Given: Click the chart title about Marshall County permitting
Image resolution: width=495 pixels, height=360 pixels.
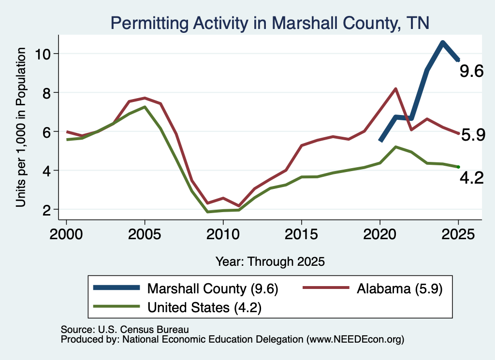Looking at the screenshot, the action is click(x=270, y=23).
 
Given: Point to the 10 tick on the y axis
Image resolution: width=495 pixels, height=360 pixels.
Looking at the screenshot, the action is click(x=43, y=54).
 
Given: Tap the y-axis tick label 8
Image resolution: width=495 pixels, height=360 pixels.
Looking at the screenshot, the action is click(x=47, y=93).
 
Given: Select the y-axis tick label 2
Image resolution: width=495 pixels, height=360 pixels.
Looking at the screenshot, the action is click(x=47, y=210).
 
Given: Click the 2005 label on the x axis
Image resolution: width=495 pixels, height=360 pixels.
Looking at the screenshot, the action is click(x=145, y=234).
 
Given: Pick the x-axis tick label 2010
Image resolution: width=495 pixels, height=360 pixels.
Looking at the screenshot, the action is click(x=223, y=234).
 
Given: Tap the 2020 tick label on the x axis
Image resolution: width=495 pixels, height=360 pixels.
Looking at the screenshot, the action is click(x=380, y=234).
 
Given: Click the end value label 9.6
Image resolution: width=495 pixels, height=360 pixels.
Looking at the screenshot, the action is click(x=471, y=71).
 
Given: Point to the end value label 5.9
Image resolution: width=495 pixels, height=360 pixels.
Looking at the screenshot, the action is click(x=473, y=135).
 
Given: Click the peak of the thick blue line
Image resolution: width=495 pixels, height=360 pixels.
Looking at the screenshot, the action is click(x=443, y=43).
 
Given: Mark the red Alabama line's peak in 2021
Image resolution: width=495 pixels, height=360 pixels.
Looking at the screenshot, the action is click(x=395, y=88).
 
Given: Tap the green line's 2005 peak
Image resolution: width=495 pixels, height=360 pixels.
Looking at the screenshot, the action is click(x=145, y=107).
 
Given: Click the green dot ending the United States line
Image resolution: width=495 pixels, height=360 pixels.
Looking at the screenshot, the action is click(x=458, y=167).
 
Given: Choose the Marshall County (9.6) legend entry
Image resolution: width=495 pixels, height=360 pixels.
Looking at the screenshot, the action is click(x=186, y=288).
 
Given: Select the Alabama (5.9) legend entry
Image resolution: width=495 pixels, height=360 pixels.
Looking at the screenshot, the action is click(x=373, y=288).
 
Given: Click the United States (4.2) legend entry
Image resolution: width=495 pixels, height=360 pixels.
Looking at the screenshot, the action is click(x=177, y=307).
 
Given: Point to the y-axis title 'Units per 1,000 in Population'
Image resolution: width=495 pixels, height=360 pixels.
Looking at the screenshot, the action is click(x=20, y=127).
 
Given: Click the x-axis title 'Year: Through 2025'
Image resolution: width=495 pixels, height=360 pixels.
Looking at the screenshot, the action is click(x=270, y=261).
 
